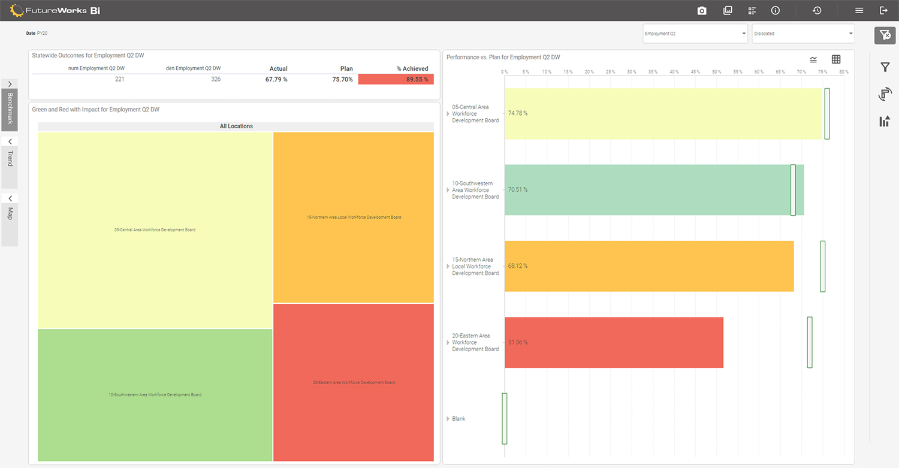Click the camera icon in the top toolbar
click(x=702, y=10)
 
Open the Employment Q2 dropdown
click(x=695, y=34)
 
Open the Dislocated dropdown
click(x=803, y=34)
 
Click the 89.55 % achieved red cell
click(x=396, y=79)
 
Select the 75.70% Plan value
click(x=342, y=79)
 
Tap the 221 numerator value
click(x=119, y=79)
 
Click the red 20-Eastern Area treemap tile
click(x=354, y=382)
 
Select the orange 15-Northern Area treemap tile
click(x=354, y=217)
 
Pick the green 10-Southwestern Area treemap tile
click(x=155, y=395)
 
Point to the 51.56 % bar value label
click(x=518, y=342)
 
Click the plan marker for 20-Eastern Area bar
click(x=810, y=342)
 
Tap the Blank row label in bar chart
click(x=458, y=418)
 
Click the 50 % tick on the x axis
click(x=716, y=72)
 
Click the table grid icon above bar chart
click(x=836, y=59)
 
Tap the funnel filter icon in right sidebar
click(x=885, y=67)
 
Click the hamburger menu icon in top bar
click(x=859, y=10)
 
